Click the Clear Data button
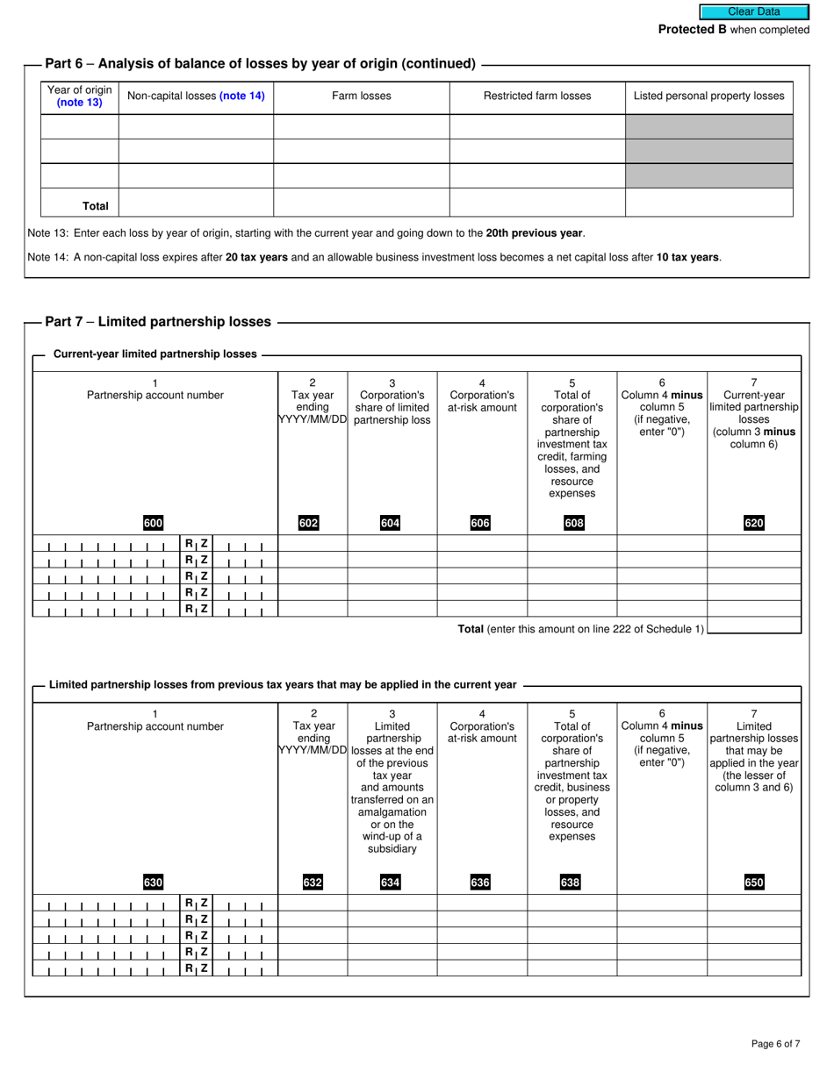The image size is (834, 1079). click(x=753, y=12)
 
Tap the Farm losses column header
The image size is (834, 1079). click(x=361, y=96)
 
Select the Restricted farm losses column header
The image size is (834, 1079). click(x=537, y=96)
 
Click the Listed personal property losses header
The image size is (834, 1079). click(x=708, y=96)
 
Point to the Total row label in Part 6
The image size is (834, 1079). click(x=95, y=206)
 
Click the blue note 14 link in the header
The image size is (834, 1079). click(x=241, y=96)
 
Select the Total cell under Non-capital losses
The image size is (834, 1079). click(x=196, y=203)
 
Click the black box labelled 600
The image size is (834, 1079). click(x=153, y=524)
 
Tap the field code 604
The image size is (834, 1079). click(x=390, y=524)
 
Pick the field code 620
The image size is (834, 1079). click(x=753, y=524)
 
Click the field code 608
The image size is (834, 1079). click(x=572, y=524)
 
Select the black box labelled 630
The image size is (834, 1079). click(x=153, y=882)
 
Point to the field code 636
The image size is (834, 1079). click(x=480, y=882)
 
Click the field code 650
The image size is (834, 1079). click(x=753, y=882)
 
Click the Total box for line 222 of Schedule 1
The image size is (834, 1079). click(x=753, y=626)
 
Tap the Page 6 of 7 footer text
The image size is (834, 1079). click(x=775, y=1044)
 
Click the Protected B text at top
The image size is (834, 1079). click(x=734, y=30)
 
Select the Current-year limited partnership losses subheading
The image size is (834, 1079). click(x=155, y=354)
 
